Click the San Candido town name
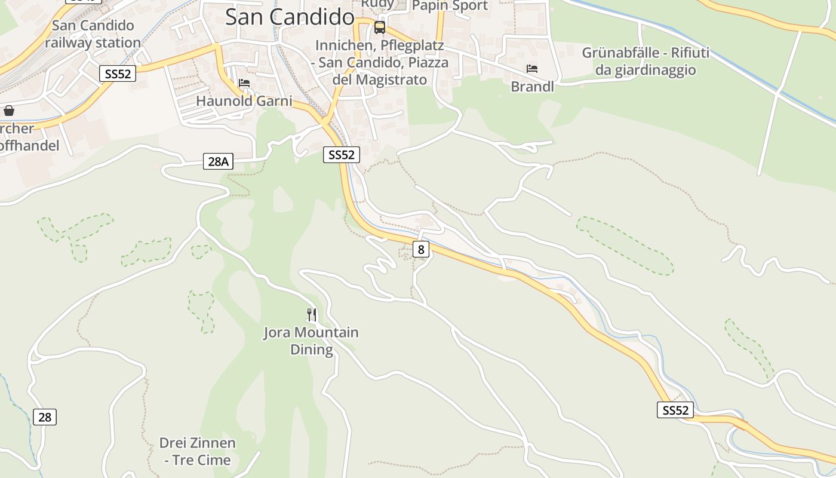tap(290, 17)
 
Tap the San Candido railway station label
tap(93, 34)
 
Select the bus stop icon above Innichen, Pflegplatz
tap(380, 27)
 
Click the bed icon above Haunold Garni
tap(244, 82)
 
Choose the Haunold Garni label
tap(244, 101)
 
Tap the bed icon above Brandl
tap(531, 69)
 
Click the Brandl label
tap(532, 87)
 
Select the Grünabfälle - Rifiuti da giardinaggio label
tap(646, 62)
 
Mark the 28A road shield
tap(218, 161)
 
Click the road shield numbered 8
tap(421, 249)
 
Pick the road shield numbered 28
tap(45, 417)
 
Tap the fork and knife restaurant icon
tap(312, 314)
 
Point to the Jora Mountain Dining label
tap(311, 341)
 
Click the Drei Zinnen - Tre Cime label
tap(197, 451)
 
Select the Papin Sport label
tap(450, 6)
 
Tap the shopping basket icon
tap(9, 111)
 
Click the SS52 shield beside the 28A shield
tap(342, 155)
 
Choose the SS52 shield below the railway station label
tap(118, 73)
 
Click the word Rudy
tap(377, 4)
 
